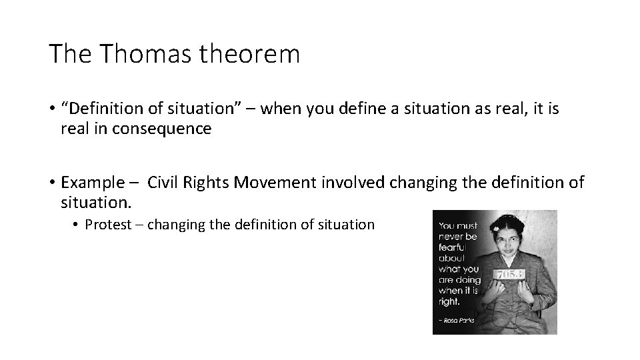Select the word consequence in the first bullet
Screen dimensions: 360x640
[x=163, y=129]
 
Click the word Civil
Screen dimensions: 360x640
[x=163, y=181]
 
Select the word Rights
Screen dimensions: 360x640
[x=206, y=181]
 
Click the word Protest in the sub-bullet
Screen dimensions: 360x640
[x=108, y=225]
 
